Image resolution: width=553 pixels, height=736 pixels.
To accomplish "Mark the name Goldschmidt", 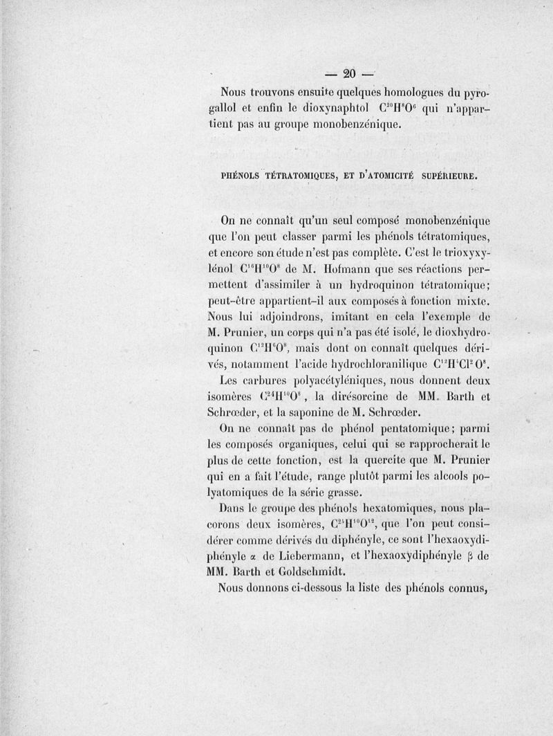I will [325, 573].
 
